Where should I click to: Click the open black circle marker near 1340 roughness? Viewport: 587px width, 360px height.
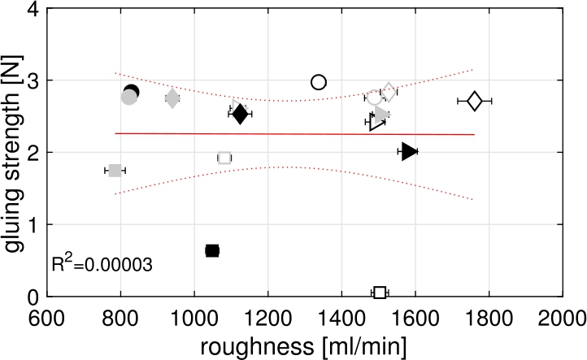click(319, 82)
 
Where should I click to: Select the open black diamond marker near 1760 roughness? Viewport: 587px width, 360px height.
click(475, 101)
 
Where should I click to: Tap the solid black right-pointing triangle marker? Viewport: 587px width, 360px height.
click(409, 151)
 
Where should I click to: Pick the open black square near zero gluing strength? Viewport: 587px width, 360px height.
click(380, 293)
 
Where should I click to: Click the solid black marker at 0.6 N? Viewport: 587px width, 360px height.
click(212, 250)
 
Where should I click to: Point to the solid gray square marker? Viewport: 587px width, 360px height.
click(115, 170)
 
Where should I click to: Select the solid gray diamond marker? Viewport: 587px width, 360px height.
click(172, 98)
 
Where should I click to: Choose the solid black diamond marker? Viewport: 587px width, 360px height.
click(240, 114)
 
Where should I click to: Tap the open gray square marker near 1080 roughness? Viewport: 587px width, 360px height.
click(224, 157)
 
